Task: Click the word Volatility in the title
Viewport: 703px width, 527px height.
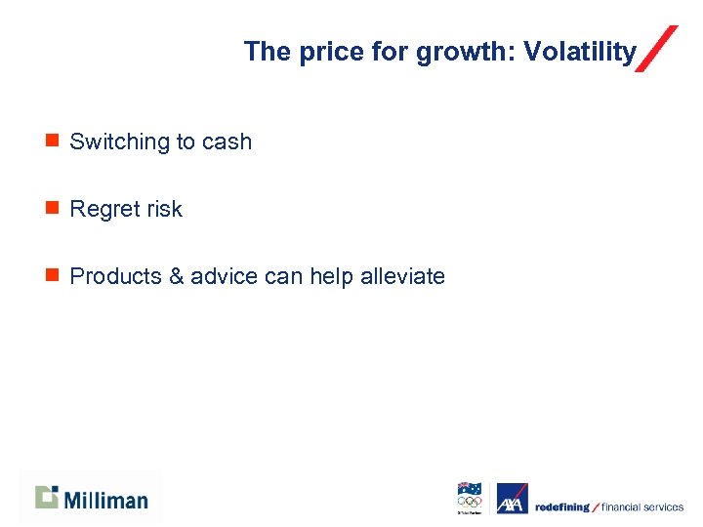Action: (x=580, y=52)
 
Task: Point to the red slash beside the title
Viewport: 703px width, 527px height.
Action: (x=656, y=49)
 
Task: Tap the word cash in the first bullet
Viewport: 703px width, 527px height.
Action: (x=227, y=142)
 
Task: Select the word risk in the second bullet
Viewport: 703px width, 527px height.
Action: (x=164, y=209)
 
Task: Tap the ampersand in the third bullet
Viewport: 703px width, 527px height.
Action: (x=176, y=276)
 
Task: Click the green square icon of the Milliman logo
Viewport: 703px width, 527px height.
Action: (x=47, y=497)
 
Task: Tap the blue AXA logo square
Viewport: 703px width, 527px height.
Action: (x=512, y=499)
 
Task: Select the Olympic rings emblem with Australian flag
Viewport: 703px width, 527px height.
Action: (x=470, y=498)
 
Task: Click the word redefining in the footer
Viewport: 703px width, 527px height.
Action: (x=561, y=507)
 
